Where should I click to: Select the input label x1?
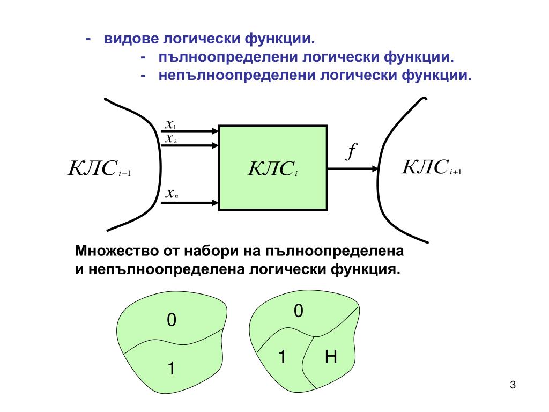171,126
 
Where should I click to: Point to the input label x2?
171,139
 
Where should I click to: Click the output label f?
351,152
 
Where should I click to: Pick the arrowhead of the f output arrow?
375,168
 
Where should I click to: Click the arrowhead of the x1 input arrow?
215,130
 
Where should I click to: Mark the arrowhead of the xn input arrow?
215,203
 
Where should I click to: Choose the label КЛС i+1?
432,167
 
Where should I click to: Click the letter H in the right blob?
331,357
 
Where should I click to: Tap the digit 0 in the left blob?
171,321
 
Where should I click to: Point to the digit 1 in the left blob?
171,369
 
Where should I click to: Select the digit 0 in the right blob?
299,311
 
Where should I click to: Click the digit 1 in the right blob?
281,356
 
